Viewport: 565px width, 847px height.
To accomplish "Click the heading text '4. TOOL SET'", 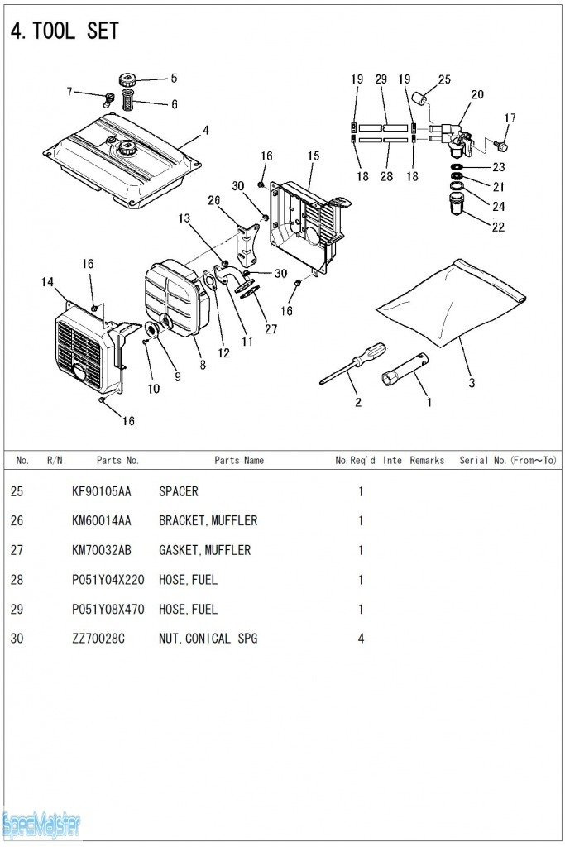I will pyautogui.click(x=65, y=31).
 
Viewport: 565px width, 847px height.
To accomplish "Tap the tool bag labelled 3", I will pyautogui.click(x=451, y=302).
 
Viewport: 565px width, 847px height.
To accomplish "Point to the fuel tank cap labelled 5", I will pyautogui.click(x=127, y=80).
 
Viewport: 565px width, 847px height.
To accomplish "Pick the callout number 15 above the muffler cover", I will pyautogui.click(x=313, y=156).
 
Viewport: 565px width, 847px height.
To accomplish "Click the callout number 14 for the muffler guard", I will pyautogui.click(x=47, y=282).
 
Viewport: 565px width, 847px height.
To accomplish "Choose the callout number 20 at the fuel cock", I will pyautogui.click(x=477, y=95).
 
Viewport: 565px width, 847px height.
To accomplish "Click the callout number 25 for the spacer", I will pyautogui.click(x=444, y=79).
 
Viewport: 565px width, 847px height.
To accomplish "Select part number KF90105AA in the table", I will pyautogui.click(x=101, y=491).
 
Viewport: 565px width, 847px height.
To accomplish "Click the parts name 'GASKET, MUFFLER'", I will pyautogui.click(x=204, y=550).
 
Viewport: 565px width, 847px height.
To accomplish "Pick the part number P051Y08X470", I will pyautogui.click(x=108, y=610).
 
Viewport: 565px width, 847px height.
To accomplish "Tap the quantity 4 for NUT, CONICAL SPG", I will pyautogui.click(x=361, y=639).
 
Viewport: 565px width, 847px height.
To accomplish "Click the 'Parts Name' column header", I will pyautogui.click(x=239, y=460).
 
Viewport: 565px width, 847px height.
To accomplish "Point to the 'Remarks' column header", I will pyautogui.click(x=427, y=460).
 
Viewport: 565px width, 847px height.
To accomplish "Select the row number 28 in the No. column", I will pyautogui.click(x=17, y=580).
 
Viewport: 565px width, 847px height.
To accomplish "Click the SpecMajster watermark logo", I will pyautogui.click(x=41, y=824).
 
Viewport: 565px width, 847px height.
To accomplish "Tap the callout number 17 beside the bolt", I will pyautogui.click(x=510, y=118).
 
